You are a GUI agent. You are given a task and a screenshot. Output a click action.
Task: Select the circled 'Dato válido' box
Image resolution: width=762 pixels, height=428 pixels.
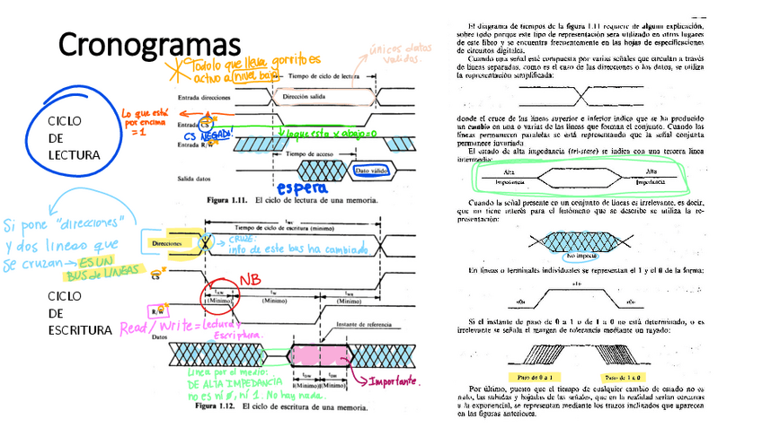click(372, 170)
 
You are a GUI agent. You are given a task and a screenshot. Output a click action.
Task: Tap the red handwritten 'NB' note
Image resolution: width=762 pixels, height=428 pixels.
click(248, 281)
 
